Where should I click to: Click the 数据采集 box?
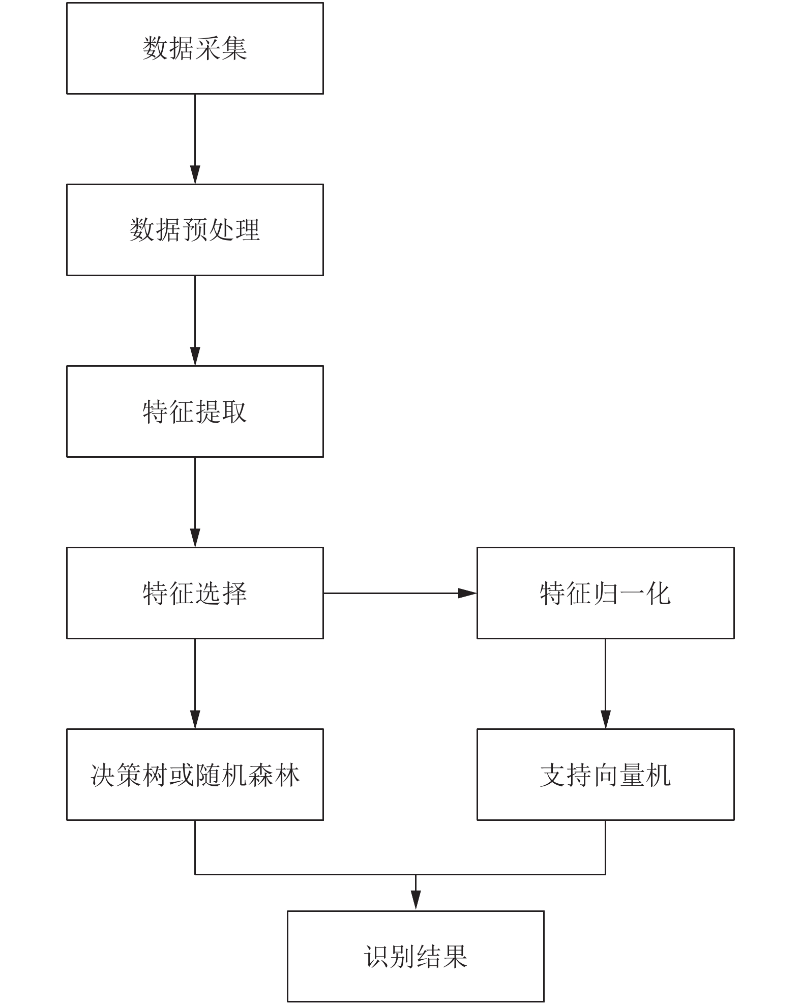tap(195, 48)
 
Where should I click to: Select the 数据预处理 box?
tap(195, 230)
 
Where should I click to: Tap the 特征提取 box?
tap(195, 411)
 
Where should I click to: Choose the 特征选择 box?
tap(195, 593)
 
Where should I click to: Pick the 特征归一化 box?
tap(605, 593)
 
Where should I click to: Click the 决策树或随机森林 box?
tap(195, 775)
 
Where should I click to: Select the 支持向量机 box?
tap(605, 775)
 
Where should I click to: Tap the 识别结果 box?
tap(416, 956)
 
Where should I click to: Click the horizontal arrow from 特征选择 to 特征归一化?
tap(400, 593)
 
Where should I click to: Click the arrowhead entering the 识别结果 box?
tap(416, 901)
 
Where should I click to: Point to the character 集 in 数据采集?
tap(234, 48)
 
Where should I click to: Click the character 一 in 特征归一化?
tap(632, 593)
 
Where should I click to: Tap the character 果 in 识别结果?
tap(455, 956)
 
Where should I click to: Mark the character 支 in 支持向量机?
tap(553, 775)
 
